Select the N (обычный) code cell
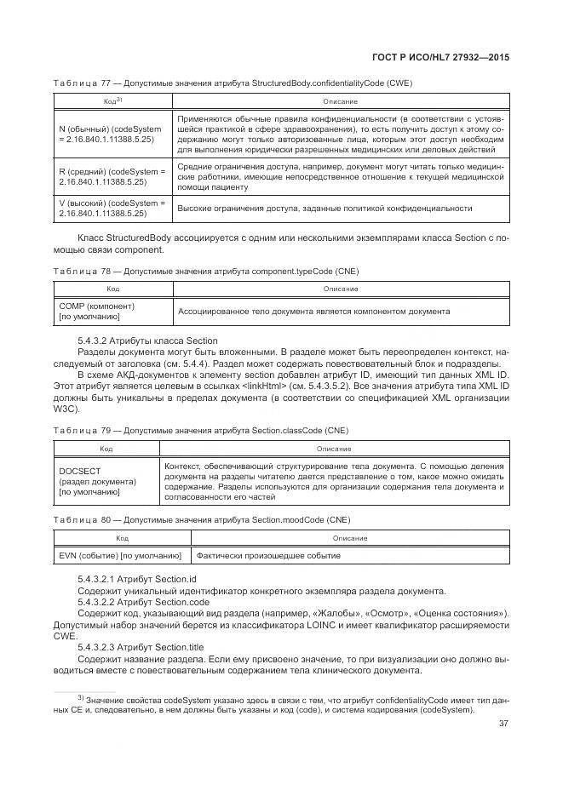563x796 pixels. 110,133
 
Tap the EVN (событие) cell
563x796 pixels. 121,556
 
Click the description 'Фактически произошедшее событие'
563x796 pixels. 292,556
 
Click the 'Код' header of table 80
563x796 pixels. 123,538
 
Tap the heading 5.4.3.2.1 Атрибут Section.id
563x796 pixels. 134,579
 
